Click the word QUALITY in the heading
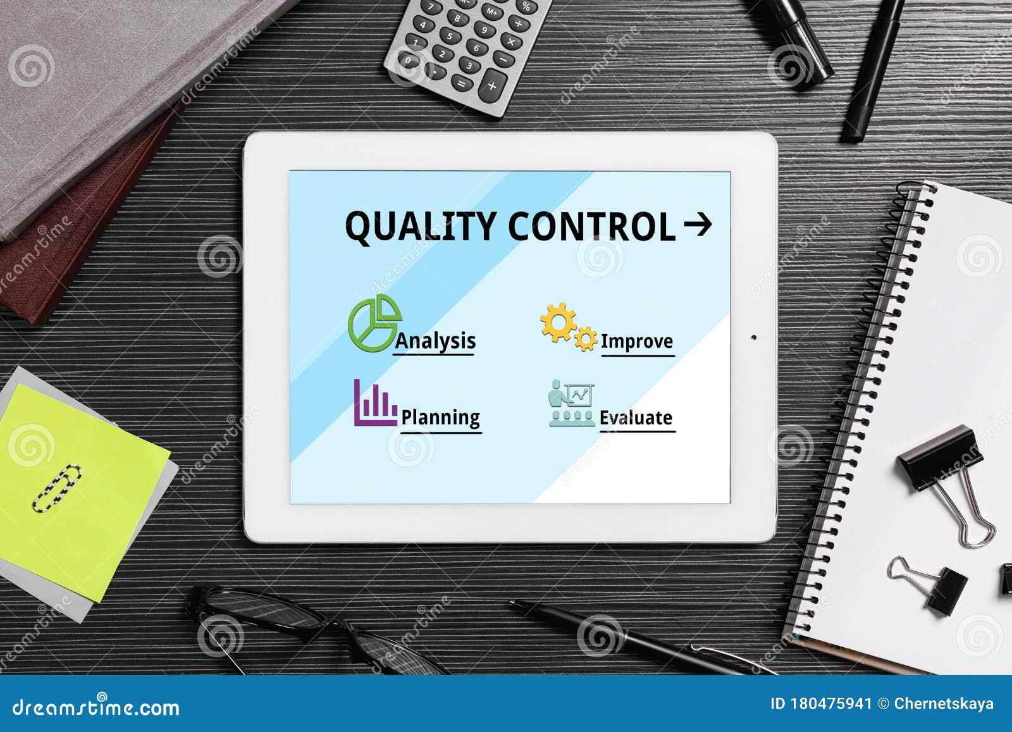421,226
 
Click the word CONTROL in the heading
592,226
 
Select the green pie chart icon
374,323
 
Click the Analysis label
435,341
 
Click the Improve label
636,342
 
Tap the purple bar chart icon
374,402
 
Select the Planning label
440,418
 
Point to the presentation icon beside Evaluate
571,404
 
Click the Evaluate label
636,418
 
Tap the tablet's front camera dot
753,337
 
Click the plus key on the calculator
492,85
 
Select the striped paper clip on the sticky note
57,488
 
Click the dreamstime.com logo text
96,707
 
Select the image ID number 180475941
830,704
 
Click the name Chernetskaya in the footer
944,704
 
